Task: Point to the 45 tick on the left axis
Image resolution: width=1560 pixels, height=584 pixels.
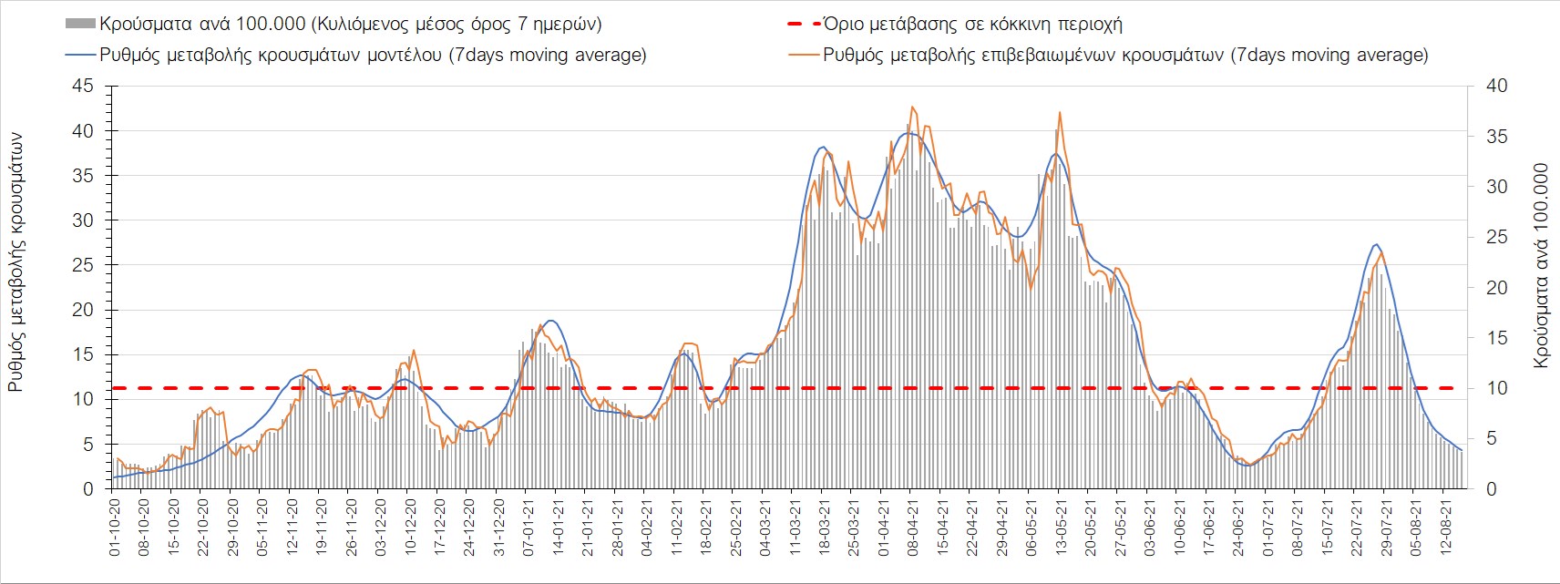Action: click(x=83, y=86)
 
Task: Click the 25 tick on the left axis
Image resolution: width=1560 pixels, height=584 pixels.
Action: click(x=83, y=265)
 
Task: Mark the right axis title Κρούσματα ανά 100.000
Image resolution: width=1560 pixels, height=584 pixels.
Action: click(x=1541, y=265)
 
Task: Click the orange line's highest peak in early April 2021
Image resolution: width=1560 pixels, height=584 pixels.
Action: click(x=912, y=107)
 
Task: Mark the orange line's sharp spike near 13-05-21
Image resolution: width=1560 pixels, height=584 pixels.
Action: click(x=1060, y=112)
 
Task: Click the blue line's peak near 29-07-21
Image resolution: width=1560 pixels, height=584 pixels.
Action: click(x=1376, y=244)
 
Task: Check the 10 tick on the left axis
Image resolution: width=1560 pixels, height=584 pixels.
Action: click(x=83, y=399)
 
